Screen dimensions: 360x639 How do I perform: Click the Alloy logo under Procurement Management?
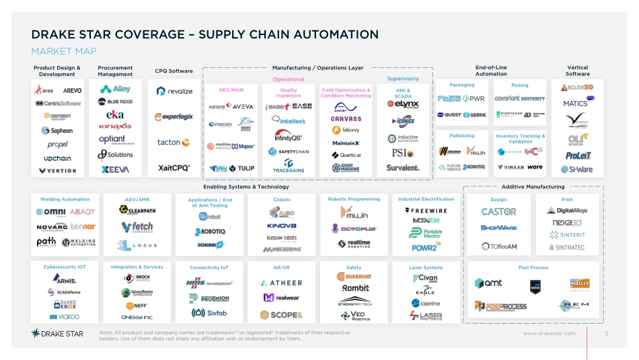[116, 89]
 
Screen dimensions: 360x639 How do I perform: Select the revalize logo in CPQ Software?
[174, 91]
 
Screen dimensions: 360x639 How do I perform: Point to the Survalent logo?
[404, 168]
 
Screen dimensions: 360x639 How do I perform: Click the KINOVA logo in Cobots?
[281, 226]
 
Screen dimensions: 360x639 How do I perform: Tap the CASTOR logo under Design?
[498, 211]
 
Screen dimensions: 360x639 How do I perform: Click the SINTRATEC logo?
[567, 247]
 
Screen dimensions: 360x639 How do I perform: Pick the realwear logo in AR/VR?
[282, 297]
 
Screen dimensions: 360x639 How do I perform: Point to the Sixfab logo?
[209, 313]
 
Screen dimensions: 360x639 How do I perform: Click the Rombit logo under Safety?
[355, 288]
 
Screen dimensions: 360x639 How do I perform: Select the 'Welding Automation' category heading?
[65, 200]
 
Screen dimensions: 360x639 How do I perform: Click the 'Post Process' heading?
[532, 268]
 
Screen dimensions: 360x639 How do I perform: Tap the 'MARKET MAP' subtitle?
[64, 52]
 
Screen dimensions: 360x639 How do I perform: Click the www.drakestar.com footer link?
[550, 333]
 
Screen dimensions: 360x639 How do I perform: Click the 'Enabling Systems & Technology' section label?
[246, 186]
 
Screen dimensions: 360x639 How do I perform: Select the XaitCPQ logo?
[174, 168]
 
